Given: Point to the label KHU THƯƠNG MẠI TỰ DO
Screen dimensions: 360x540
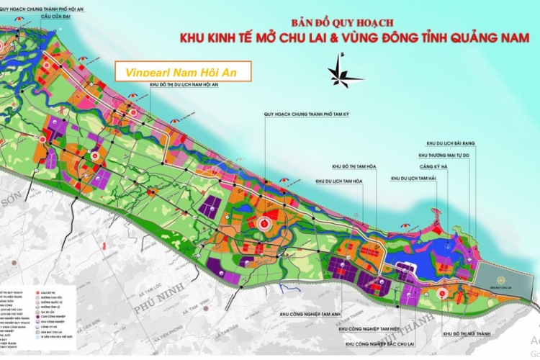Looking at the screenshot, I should (x=449, y=154).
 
